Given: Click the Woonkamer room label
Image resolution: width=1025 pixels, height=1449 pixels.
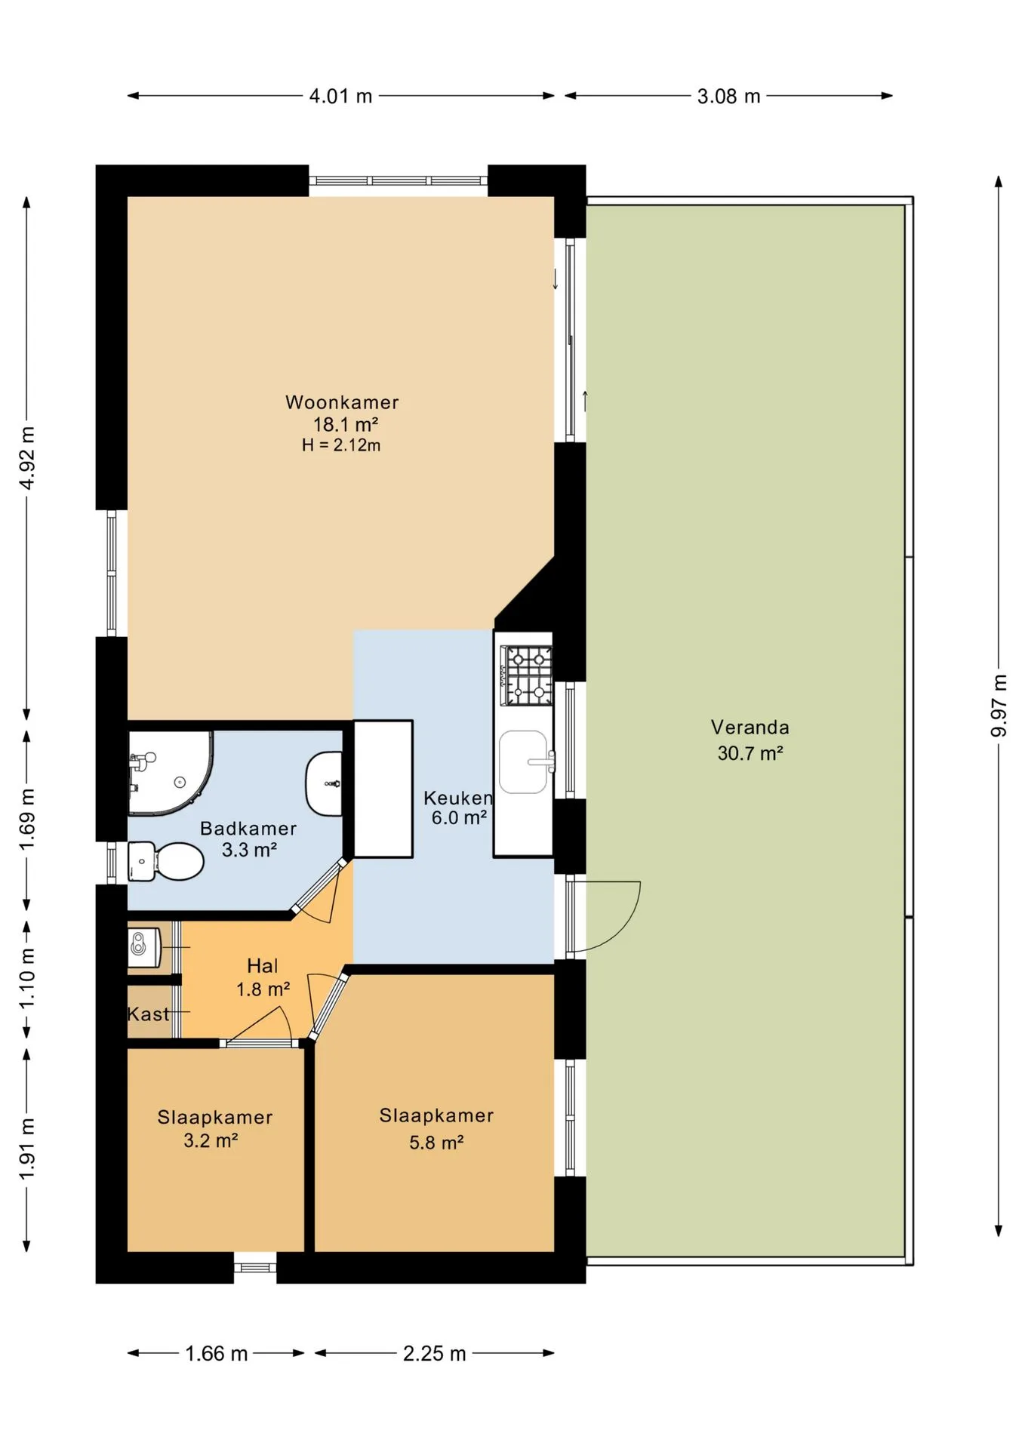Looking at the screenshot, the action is click(342, 402).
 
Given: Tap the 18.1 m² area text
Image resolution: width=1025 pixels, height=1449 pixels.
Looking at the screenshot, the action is click(346, 424).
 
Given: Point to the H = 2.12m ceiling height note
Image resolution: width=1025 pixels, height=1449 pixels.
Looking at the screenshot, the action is click(341, 445).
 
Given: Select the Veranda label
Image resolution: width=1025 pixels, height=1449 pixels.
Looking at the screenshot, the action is click(750, 728).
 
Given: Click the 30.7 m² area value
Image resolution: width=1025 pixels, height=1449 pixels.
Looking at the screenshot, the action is click(750, 753).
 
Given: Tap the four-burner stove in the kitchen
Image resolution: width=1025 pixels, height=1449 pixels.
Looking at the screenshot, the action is click(527, 675).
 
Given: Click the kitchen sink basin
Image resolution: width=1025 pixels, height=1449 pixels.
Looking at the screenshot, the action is click(524, 761).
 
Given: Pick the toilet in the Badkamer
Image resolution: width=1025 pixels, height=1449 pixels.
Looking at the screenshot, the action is click(166, 861).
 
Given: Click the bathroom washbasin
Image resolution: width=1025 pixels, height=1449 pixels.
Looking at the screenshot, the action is click(324, 783).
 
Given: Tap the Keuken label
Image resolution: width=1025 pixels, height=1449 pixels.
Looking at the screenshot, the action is click(458, 798).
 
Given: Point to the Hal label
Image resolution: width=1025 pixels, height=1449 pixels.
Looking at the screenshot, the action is click(263, 966).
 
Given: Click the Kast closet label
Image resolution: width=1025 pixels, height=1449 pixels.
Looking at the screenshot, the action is click(149, 1014).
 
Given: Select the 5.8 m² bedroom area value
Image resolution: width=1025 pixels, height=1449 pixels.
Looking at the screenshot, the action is click(436, 1143).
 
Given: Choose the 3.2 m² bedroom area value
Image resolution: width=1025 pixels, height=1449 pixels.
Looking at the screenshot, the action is click(211, 1140).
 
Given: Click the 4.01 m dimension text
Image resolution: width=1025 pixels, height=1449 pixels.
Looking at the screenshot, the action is click(341, 97).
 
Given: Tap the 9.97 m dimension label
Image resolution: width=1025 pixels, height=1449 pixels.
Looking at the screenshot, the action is click(999, 706).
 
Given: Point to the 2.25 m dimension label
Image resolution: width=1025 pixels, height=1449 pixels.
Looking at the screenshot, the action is click(435, 1354).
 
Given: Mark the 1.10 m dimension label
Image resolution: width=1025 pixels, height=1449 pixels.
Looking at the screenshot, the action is click(28, 977).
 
